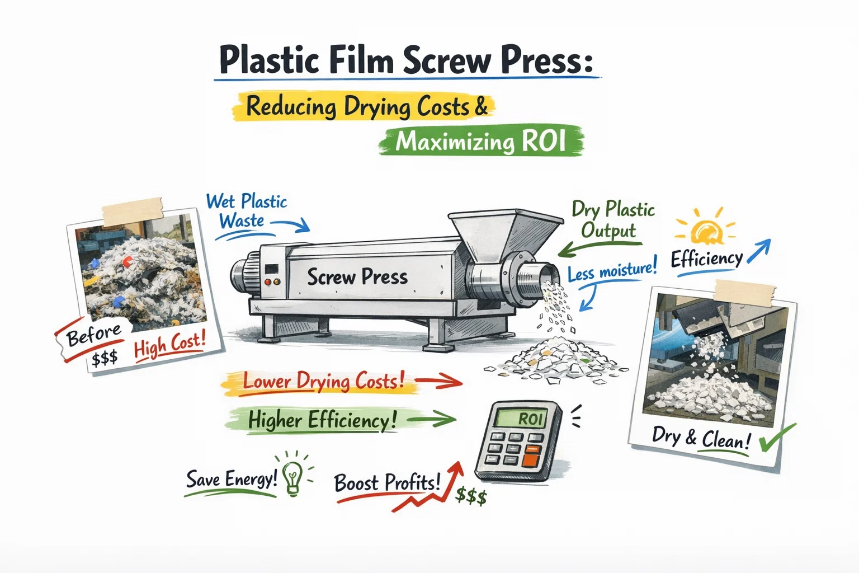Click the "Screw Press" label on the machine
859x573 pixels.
(357, 276)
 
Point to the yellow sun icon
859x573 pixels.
(706, 230)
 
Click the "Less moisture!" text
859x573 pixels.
(611, 271)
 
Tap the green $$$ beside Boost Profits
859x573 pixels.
(471, 496)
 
